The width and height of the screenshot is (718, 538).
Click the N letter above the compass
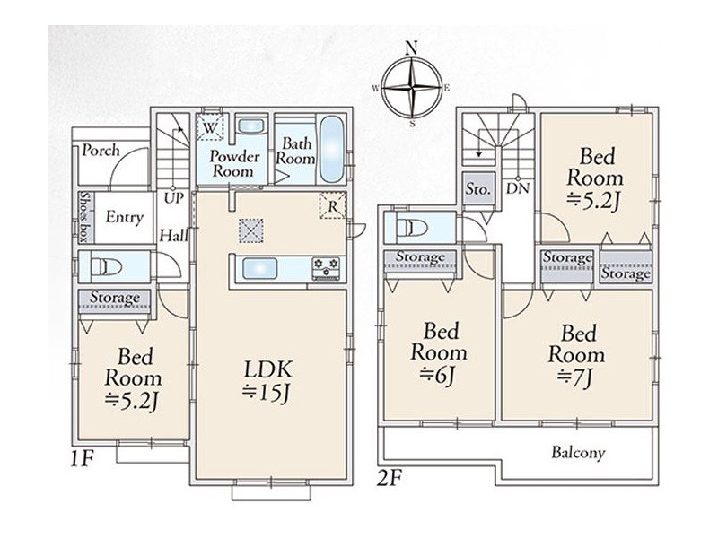413,48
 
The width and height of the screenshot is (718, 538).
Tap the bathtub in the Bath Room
331,149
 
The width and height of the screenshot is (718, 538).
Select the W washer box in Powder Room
210,126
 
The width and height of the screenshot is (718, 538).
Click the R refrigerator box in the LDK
333,206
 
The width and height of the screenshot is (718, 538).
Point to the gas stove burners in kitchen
326,268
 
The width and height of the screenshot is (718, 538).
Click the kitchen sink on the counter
259,268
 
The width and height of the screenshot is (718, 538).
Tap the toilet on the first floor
106,266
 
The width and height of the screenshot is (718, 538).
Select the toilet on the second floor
411,228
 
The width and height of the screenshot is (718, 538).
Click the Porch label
101,150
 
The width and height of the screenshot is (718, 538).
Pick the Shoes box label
84,216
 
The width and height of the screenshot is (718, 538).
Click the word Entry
124,217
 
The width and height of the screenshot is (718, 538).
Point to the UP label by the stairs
173,197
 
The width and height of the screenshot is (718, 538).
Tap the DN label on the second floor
518,188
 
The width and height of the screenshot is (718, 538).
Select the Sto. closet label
477,188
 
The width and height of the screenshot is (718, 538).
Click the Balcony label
578,453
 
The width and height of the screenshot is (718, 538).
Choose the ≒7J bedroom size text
575,377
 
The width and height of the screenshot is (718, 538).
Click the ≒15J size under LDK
267,393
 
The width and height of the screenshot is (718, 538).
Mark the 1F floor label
83,459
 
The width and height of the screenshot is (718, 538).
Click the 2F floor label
389,479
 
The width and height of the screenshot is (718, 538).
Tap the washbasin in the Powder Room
251,126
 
